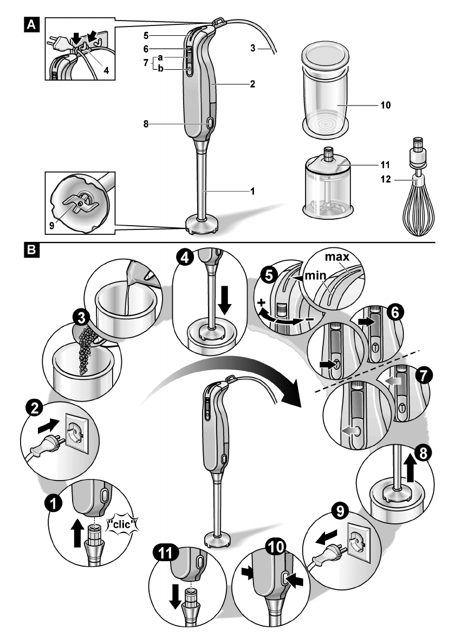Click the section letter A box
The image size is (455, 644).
pos(32,24)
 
